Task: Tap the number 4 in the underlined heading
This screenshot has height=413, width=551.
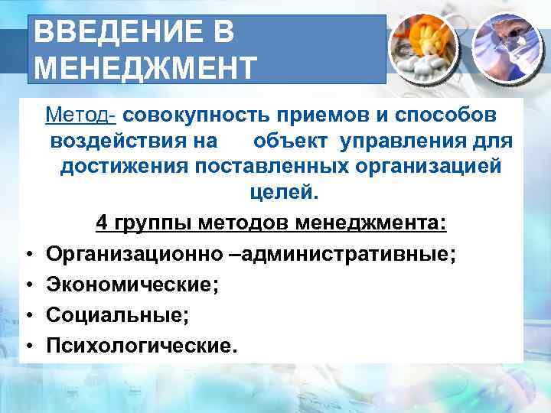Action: click(x=102, y=223)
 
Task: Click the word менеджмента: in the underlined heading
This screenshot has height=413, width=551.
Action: click(x=370, y=223)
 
